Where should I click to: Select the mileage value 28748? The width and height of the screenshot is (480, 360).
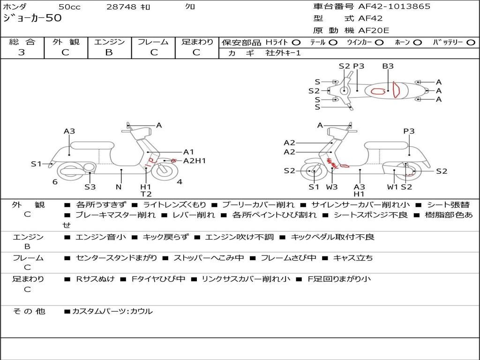(121, 7)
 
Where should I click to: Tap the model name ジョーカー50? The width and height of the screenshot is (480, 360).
(32, 18)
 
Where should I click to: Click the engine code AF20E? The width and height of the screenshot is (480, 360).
(374, 30)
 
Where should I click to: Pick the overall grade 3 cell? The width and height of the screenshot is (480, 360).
(22, 52)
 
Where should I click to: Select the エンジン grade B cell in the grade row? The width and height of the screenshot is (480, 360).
(109, 52)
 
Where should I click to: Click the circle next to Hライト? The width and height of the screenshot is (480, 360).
(297, 42)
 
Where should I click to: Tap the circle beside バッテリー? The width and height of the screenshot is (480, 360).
(471, 42)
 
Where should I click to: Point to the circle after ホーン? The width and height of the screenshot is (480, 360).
(417, 42)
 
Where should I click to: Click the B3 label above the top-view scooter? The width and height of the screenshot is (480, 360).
(388, 66)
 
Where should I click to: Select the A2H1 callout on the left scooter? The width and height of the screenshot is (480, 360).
(194, 161)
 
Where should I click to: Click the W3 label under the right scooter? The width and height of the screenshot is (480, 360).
(332, 187)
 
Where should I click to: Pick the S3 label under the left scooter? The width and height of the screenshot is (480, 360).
(90, 187)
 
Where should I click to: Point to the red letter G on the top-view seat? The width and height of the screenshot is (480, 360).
(378, 91)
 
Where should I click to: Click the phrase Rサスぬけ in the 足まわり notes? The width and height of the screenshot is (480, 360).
(95, 279)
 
